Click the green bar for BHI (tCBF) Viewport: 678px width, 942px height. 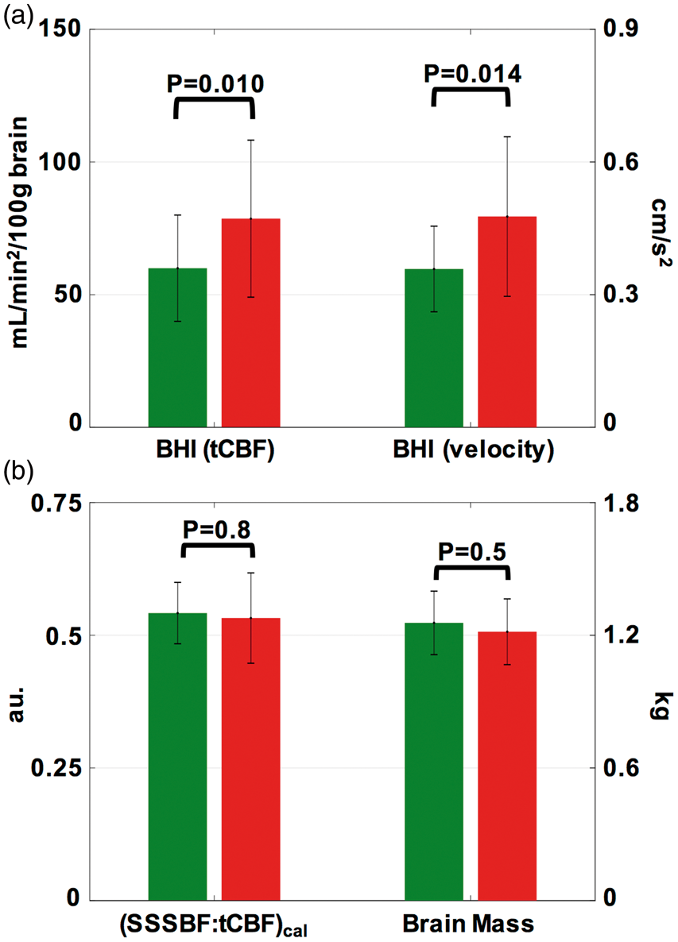click(x=177, y=347)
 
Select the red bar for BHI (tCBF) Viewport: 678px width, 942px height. click(x=250, y=322)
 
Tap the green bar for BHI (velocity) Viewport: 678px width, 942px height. click(x=434, y=348)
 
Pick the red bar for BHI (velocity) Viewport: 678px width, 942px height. click(x=507, y=322)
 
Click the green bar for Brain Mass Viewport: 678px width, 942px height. click(x=434, y=761)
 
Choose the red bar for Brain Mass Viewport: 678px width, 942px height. click(x=507, y=766)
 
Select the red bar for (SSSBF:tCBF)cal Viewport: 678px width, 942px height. click(x=250, y=759)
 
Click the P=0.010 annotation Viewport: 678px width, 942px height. click(x=215, y=84)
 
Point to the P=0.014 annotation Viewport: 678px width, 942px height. click(x=472, y=73)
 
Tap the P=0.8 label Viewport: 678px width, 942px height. click(x=216, y=529)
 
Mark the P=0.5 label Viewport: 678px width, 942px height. click(x=472, y=551)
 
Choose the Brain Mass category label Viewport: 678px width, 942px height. click(x=468, y=924)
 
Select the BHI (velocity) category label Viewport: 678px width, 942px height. click(x=473, y=450)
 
